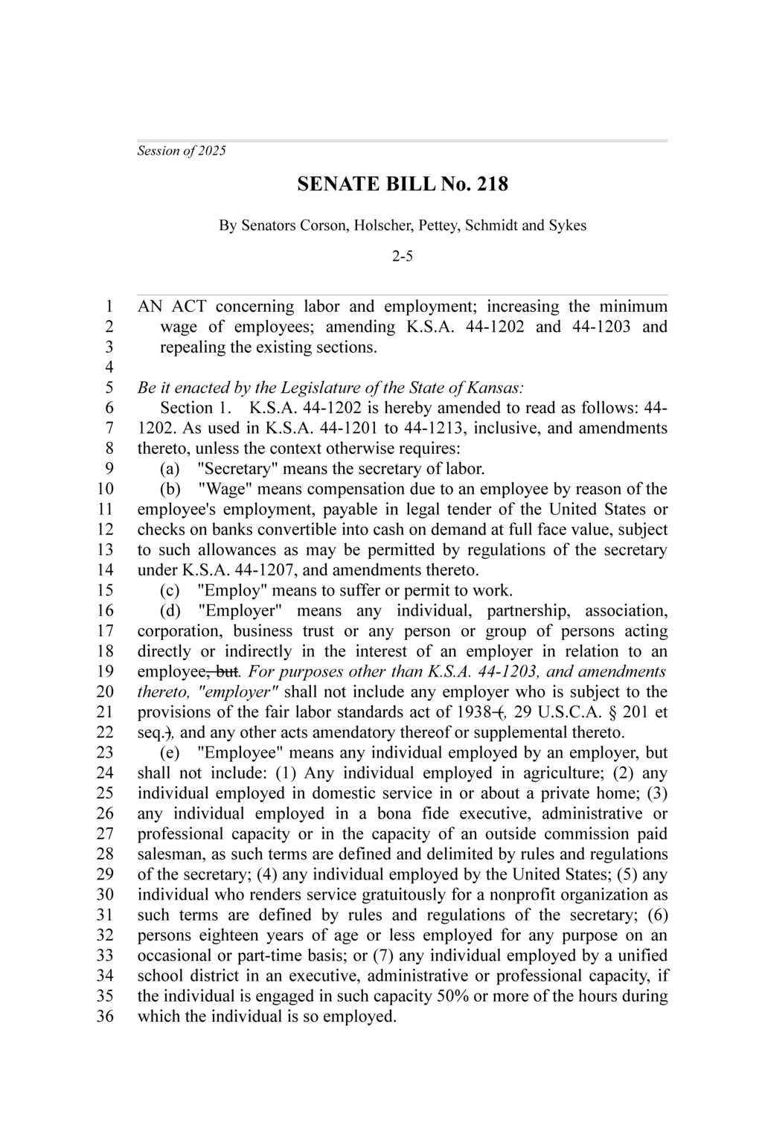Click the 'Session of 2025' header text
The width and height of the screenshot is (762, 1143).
[x=182, y=151]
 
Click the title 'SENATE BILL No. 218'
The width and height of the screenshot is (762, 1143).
[x=403, y=184]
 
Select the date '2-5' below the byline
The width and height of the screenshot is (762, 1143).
[x=403, y=257]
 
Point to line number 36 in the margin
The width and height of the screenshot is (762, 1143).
[x=105, y=1016]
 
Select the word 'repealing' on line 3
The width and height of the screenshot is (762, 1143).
[x=193, y=348]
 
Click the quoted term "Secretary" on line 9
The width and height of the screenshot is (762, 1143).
[x=237, y=469]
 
